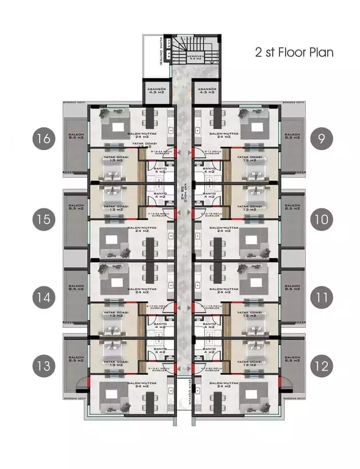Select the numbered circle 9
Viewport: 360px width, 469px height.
pos(321,139)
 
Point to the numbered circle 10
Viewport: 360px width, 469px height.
pos(321,219)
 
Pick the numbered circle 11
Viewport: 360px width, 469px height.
pos(321,298)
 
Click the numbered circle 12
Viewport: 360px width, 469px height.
pos(321,366)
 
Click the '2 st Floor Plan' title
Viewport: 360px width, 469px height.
pos(294,53)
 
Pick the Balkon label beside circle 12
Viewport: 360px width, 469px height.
pos(292,359)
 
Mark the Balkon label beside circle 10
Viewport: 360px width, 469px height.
pos(292,207)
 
